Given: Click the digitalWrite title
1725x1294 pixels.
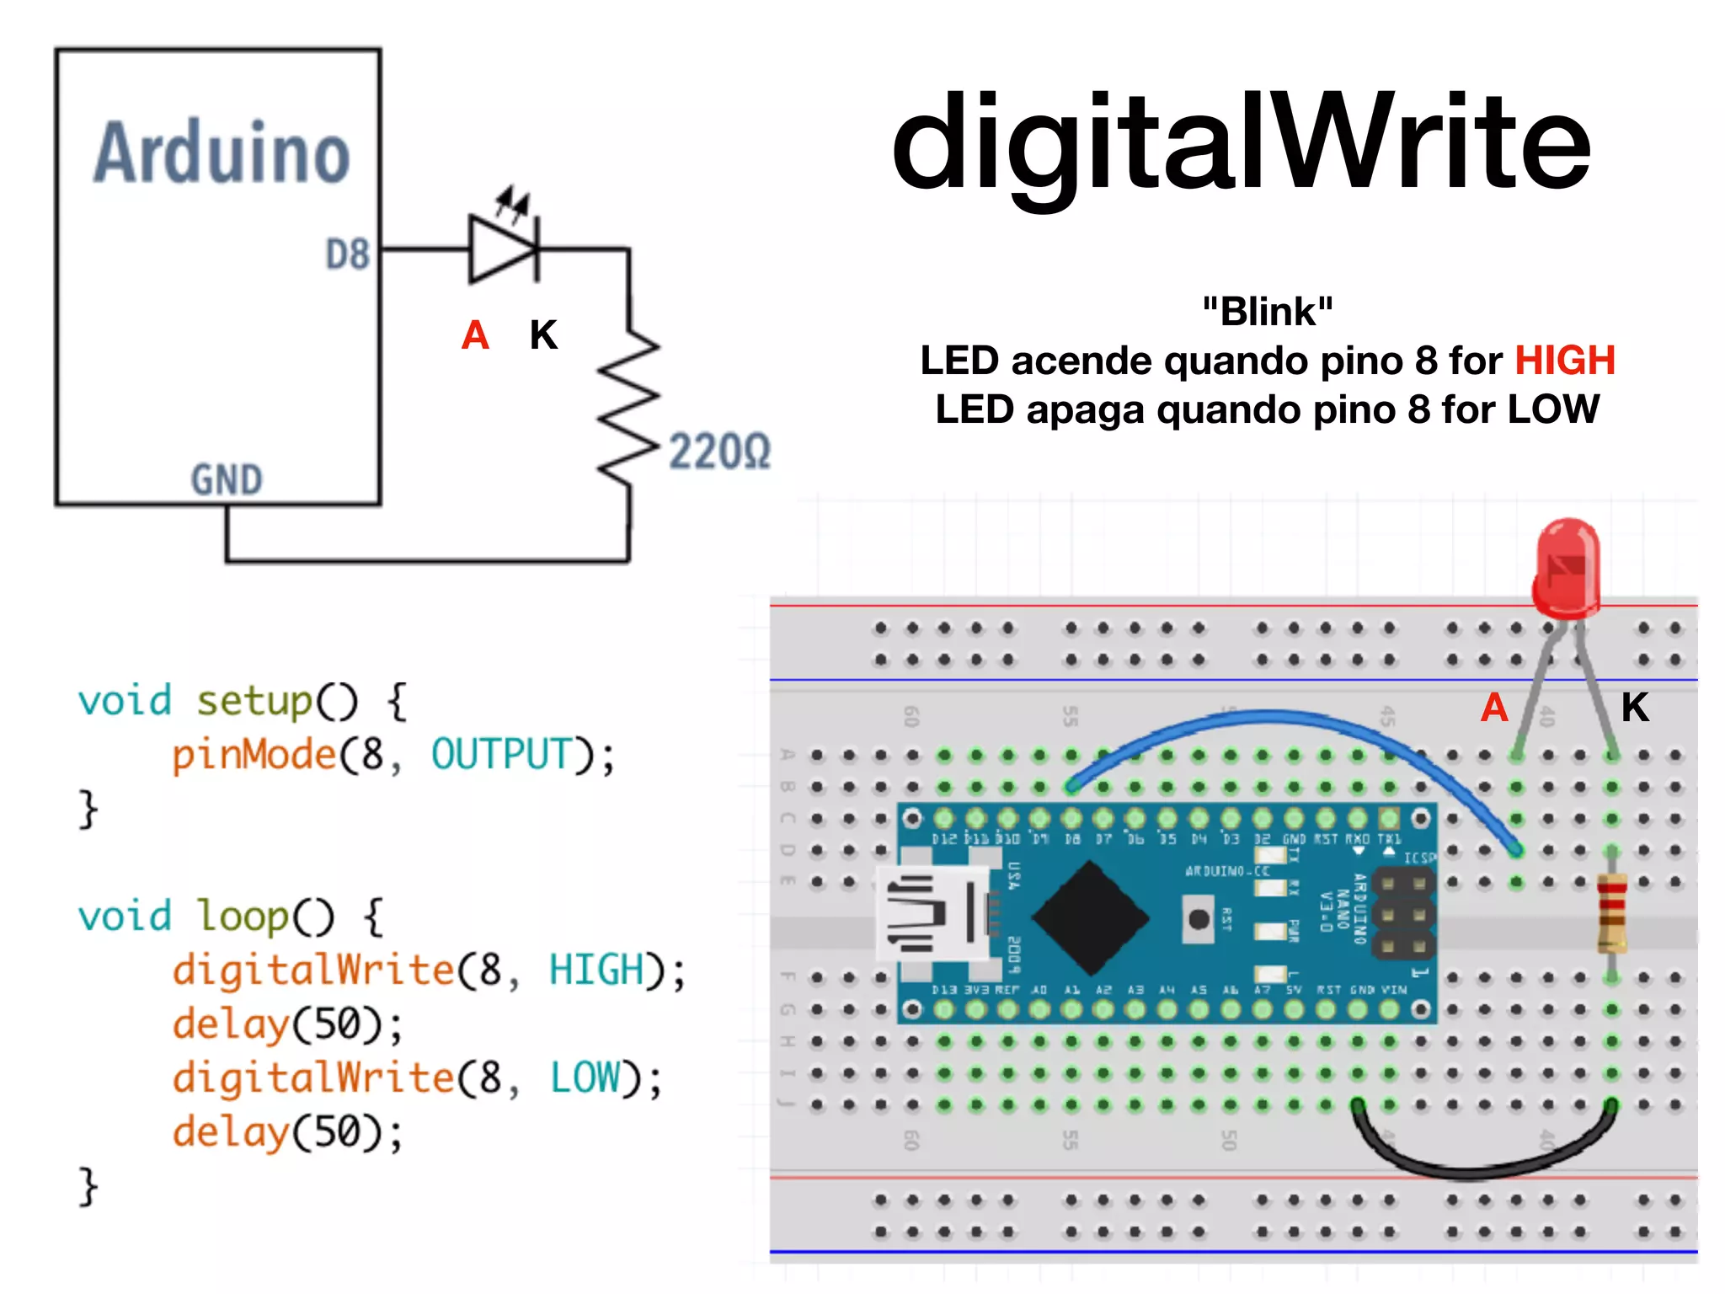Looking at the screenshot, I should point(1240,143).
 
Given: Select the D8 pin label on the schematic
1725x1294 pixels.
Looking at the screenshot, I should point(348,254).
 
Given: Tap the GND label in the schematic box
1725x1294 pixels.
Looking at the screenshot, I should point(227,479).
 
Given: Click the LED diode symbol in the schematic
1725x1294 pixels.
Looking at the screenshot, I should point(504,249).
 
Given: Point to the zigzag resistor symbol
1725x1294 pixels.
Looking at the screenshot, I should point(628,407).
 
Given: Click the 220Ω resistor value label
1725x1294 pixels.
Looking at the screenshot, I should point(720,452).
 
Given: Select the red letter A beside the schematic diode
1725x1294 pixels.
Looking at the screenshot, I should point(475,335).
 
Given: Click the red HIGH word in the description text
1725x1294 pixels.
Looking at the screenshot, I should point(1565,361).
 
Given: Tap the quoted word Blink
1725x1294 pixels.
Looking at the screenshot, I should point(1268,312).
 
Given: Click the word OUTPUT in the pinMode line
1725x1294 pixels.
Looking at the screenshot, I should point(502,754).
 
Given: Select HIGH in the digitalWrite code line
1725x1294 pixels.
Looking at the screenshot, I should point(595,970).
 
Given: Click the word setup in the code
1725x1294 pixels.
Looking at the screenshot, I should point(254,701).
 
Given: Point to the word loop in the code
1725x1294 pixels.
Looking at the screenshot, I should point(242,917).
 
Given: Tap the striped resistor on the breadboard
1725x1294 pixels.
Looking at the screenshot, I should point(1611,913).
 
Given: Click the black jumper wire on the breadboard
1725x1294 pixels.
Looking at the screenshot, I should point(1482,1167).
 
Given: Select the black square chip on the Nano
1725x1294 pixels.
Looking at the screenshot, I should point(1091,917).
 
